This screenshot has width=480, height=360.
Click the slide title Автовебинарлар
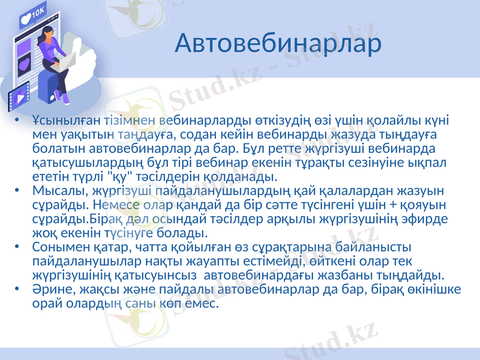click(x=278, y=43)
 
